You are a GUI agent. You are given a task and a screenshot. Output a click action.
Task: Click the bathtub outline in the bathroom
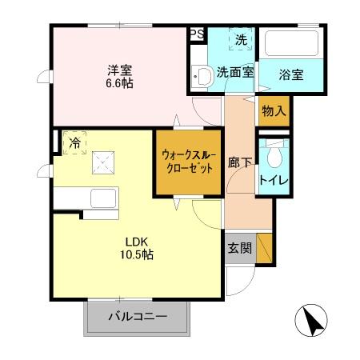point(291,45)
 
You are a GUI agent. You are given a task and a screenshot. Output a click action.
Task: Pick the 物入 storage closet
point(273,111)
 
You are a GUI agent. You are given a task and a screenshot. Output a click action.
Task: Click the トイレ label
point(274,179)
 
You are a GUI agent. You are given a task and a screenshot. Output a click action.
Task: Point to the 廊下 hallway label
point(239,162)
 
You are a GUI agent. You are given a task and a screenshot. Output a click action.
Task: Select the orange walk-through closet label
point(187,160)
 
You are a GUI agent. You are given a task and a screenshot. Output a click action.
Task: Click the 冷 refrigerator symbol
point(74,144)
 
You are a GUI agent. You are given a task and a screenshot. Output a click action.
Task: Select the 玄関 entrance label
point(239,247)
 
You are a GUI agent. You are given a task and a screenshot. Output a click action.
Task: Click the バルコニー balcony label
point(138,318)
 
